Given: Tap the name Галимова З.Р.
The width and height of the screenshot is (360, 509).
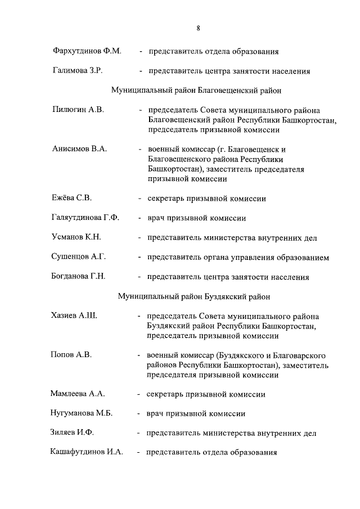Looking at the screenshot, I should point(76,71).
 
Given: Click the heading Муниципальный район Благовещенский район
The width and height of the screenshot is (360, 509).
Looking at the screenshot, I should point(196,89).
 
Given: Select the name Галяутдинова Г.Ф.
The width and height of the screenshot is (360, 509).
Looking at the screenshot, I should point(85,218).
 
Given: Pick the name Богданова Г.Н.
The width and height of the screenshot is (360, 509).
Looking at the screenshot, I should point(79,277).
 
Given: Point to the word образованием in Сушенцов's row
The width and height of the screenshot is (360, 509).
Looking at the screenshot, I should point(302,258).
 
